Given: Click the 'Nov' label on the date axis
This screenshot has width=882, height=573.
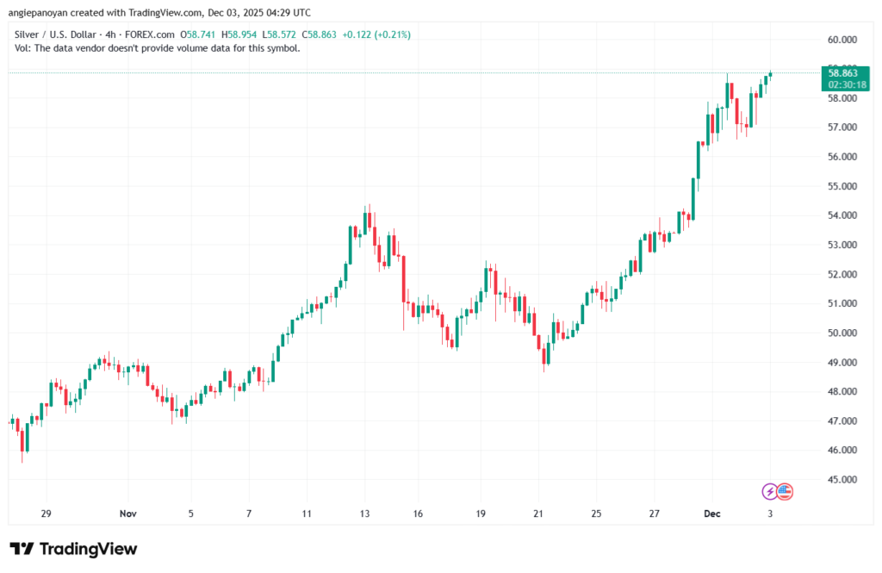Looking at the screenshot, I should [x=127, y=514].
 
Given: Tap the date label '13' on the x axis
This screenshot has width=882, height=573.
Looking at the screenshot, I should [x=364, y=514].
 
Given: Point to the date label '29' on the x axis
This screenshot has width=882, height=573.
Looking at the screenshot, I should [x=47, y=514].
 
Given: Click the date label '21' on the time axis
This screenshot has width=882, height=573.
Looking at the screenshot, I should [x=538, y=514].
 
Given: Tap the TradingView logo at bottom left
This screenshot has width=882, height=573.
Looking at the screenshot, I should [x=73, y=550].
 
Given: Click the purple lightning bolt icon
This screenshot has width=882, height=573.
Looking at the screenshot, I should [x=769, y=491].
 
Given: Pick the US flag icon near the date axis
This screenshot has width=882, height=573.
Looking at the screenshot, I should [x=784, y=491].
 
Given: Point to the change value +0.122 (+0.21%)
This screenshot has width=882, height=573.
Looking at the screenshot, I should [x=376, y=34].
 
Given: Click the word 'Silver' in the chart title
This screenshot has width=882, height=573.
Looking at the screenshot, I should [x=29, y=34].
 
